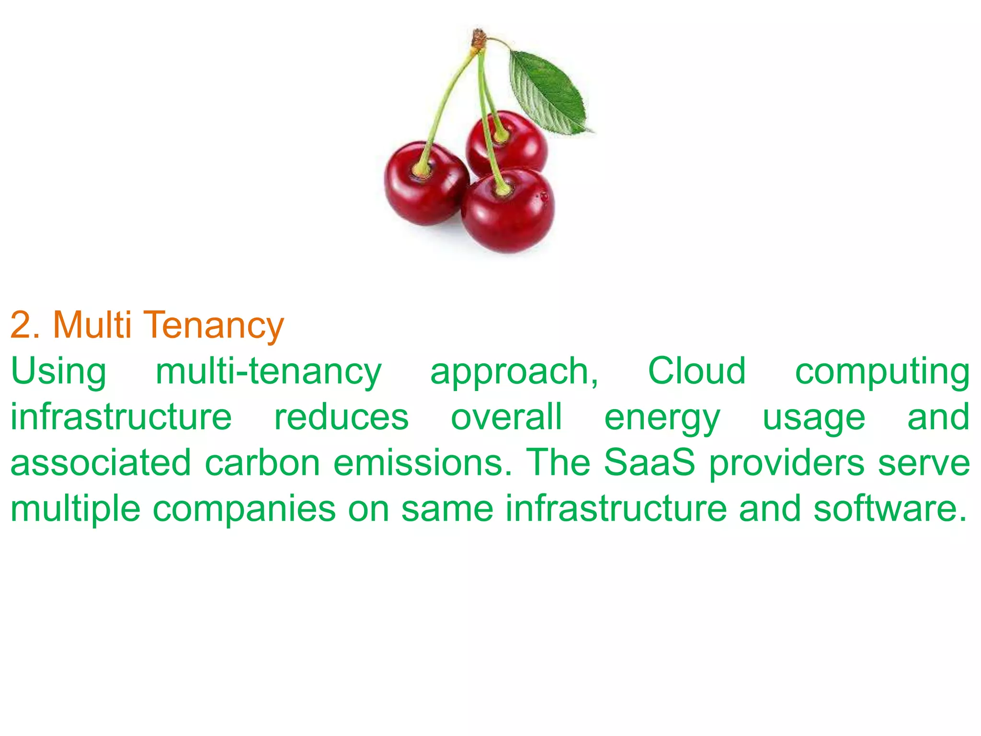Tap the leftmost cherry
[x=424, y=184]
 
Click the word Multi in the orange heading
[x=92, y=325]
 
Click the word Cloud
[x=696, y=371]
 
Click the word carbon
[x=262, y=463]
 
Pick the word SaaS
[x=649, y=462]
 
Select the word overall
[x=506, y=417]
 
